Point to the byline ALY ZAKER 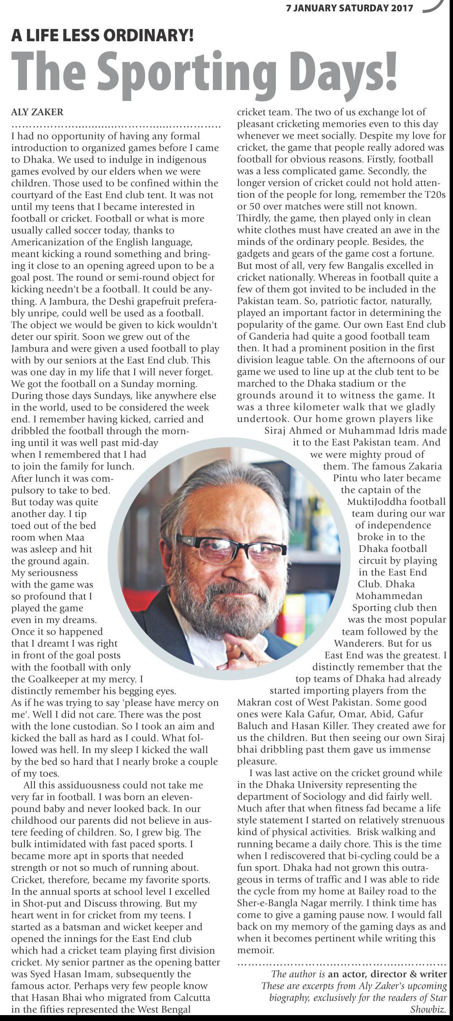(x=37, y=112)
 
